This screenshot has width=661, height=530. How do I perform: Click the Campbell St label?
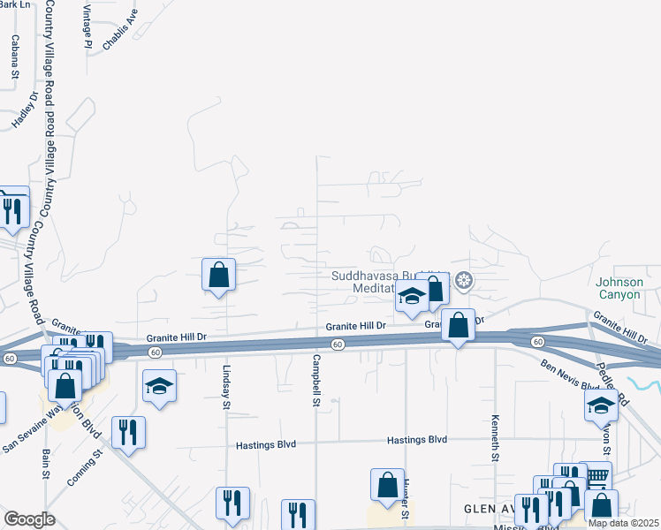point(315,381)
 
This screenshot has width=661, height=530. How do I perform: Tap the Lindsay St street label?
point(226,388)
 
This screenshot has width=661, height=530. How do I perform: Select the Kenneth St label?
point(496,437)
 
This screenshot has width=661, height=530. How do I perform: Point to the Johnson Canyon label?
point(627,289)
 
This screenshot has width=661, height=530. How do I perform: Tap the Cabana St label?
point(15,57)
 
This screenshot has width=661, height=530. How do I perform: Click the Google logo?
point(29,519)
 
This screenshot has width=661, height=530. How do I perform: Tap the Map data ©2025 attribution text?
point(624,523)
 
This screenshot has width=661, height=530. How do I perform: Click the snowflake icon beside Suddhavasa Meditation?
point(464,282)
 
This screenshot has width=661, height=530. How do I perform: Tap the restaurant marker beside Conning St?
point(129,433)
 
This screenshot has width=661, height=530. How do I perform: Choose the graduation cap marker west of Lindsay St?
point(159,386)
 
